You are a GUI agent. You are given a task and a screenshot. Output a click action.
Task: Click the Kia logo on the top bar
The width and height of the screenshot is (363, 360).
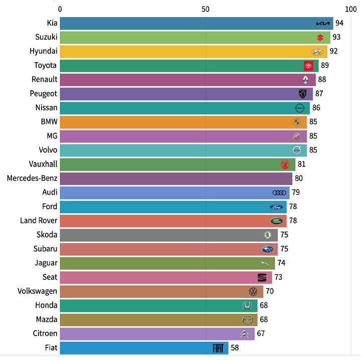pos(323,24)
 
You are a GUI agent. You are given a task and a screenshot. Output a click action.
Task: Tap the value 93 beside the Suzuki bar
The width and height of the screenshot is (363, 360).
pos(336,38)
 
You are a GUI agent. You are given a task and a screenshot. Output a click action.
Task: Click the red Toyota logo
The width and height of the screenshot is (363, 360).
pos(308,66)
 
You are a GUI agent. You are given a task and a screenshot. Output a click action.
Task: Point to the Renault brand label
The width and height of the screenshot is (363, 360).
pos(44,79)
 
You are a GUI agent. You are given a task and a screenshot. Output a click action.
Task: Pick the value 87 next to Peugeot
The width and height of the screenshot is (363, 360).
pos(319,94)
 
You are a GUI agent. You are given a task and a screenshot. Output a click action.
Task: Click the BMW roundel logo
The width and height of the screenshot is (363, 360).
pos(296,122)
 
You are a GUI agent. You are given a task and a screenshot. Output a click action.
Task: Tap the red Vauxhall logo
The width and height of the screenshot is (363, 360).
pos(285,164)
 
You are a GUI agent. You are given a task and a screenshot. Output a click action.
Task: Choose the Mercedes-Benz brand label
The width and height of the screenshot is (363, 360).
pos(32,178)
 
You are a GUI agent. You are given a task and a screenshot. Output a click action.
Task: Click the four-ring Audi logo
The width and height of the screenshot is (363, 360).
pos(279,193)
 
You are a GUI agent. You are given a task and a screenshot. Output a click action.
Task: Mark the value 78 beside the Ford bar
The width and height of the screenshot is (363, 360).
pos(293,206)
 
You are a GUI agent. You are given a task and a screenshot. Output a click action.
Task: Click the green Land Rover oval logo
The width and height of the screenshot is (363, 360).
pos(276,221)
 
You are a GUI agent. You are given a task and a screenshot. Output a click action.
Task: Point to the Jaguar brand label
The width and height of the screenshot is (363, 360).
pos(46,262)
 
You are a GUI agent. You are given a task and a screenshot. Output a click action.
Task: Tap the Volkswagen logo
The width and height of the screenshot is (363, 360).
pos(253,291)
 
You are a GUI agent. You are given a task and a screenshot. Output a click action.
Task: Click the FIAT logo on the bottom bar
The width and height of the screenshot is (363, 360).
pos(219,348)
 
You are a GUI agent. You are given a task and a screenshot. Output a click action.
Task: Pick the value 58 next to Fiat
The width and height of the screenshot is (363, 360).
pos(235,348)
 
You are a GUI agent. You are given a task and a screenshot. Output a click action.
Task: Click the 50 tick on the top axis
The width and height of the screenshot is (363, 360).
pos(205,9)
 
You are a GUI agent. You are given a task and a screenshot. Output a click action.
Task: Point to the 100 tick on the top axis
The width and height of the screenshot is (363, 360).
pos(350,9)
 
